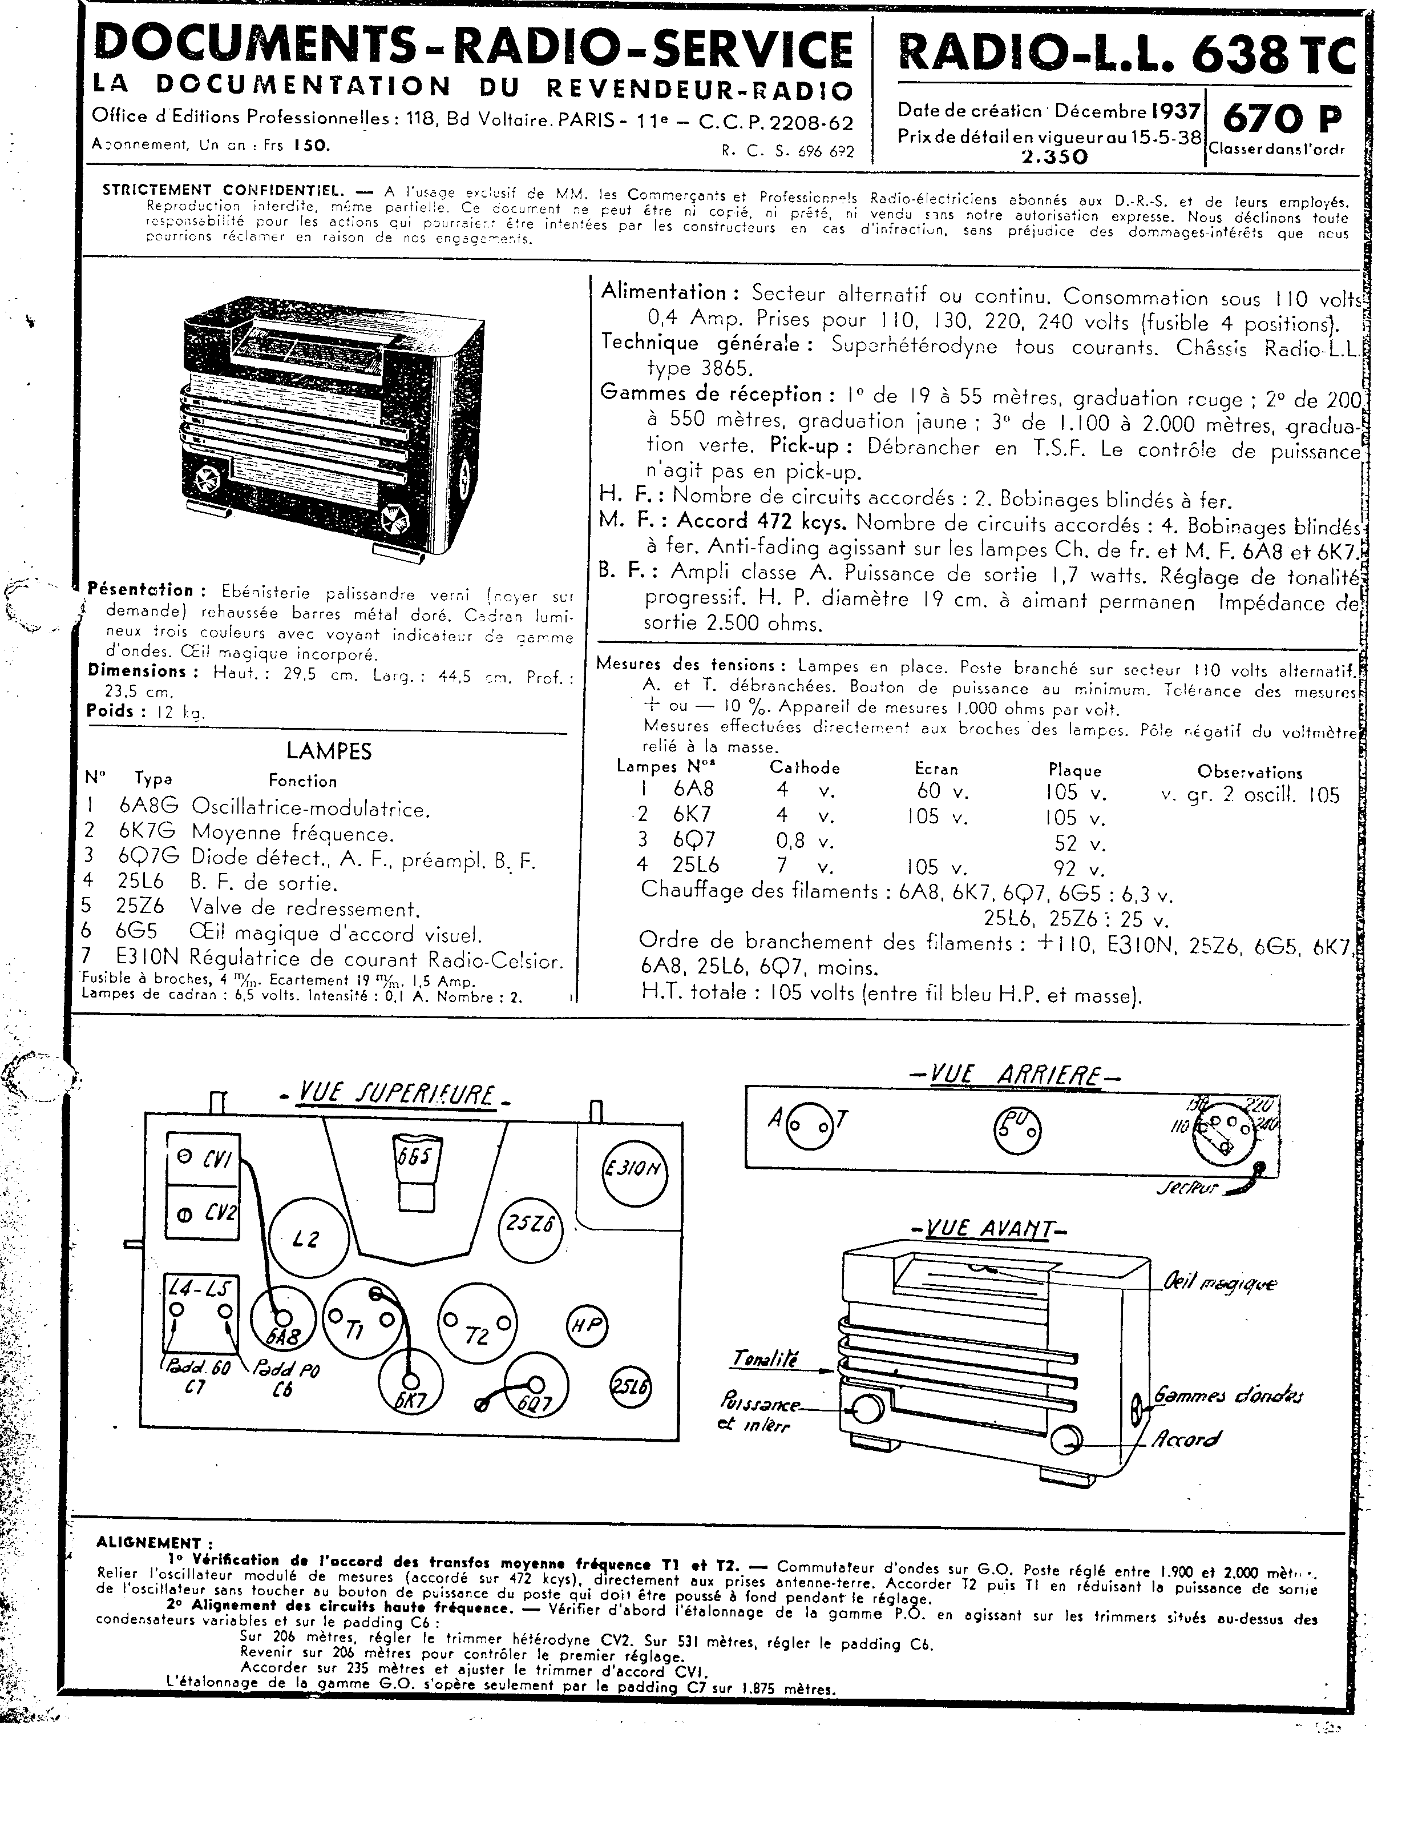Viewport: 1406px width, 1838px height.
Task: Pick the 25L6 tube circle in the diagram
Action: pos(630,1385)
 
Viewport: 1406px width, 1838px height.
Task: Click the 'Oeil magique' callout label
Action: pos(1219,1283)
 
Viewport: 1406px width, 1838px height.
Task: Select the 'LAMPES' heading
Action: pos(329,751)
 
